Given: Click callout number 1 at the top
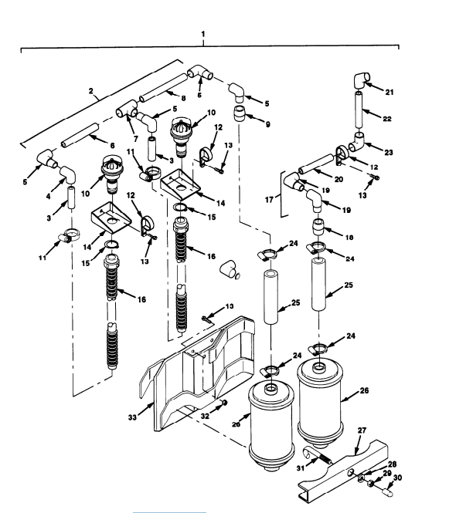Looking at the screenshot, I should click(x=202, y=35).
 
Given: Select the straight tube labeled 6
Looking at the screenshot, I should click(x=78, y=138).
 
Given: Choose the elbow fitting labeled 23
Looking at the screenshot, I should click(x=360, y=144).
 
